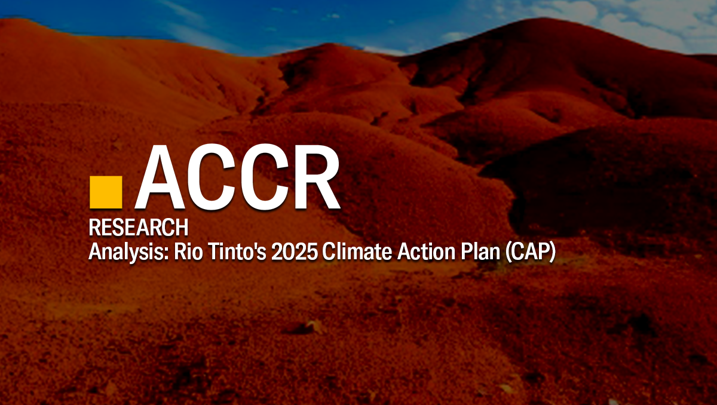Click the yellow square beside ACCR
click(x=106, y=192)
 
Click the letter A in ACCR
click(x=161, y=177)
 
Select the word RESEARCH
click(x=139, y=227)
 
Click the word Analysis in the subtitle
click(x=128, y=253)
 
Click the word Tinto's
click(x=237, y=252)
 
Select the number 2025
click(x=295, y=252)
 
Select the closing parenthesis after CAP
click(x=552, y=253)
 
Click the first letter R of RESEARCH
click(x=94, y=227)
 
